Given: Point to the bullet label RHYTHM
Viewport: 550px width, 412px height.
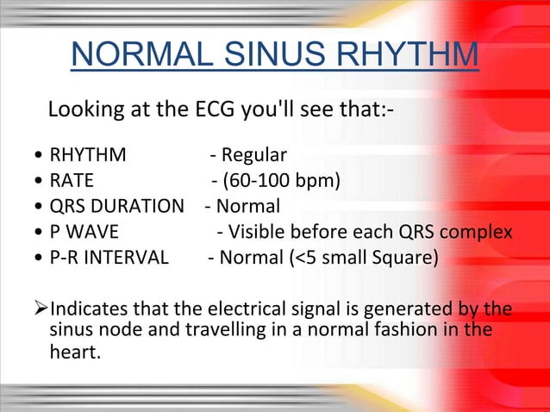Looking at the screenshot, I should click(x=88, y=156).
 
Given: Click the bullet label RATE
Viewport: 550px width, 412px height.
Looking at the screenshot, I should click(x=72, y=182).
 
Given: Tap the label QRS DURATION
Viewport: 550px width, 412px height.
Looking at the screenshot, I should click(x=117, y=207).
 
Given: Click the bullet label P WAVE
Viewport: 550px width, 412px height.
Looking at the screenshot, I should click(x=84, y=232).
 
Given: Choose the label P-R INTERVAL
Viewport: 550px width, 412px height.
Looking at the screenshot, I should click(x=109, y=257).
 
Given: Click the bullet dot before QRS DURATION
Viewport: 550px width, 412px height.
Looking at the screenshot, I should click(x=40, y=208).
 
